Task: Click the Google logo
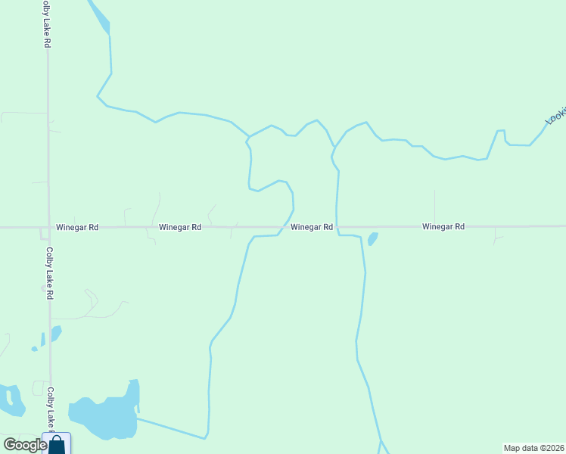pos(24,446)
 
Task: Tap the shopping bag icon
pos(57,444)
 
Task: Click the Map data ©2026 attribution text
pos(534,448)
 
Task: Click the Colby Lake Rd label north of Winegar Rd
pos(46,24)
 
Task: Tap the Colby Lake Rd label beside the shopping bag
pos(50,409)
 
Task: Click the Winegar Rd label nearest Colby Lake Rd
pos(77,227)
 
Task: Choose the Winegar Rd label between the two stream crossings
pos(312,227)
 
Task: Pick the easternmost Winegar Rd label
pos(443,227)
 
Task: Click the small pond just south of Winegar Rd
pos(372,239)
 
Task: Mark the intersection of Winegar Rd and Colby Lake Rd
pos(48,227)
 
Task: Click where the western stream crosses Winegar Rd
pos(285,226)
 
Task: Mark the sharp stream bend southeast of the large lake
pos(205,437)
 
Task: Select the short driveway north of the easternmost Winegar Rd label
pos(434,206)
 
